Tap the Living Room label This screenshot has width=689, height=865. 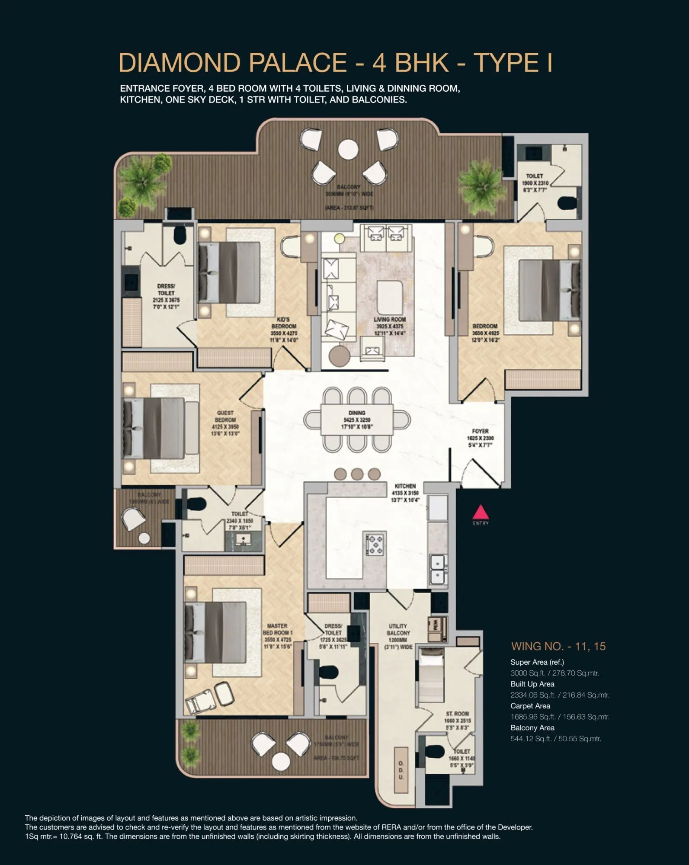pyautogui.click(x=389, y=326)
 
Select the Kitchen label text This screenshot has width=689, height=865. pyautogui.click(x=405, y=486)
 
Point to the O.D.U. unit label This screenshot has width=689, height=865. pyautogui.click(x=401, y=770)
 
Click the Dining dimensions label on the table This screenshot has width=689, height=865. pyautogui.click(x=357, y=420)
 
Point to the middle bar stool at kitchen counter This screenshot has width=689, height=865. pyautogui.click(x=357, y=474)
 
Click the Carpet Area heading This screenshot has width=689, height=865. pyautogui.click(x=530, y=706)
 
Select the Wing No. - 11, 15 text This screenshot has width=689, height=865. pyautogui.click(x=558, y=646)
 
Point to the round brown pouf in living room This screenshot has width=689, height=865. pyautogui.click(x=339, y=356)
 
